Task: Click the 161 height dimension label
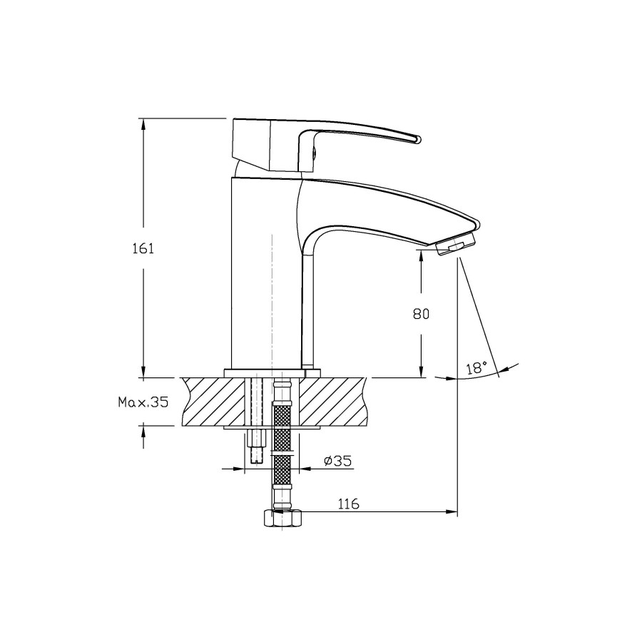click(x=143, y=248)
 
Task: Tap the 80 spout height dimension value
click(x=421, y=314)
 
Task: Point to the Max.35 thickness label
click(x=143, y=402)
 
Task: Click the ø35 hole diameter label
click(x=338, y=461)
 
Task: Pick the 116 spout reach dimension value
click(x=348, y=504)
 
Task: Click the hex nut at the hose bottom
click(x=282, y=518)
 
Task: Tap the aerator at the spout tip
click(x=455, y=246)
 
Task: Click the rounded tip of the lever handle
click(x=417, y=140)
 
